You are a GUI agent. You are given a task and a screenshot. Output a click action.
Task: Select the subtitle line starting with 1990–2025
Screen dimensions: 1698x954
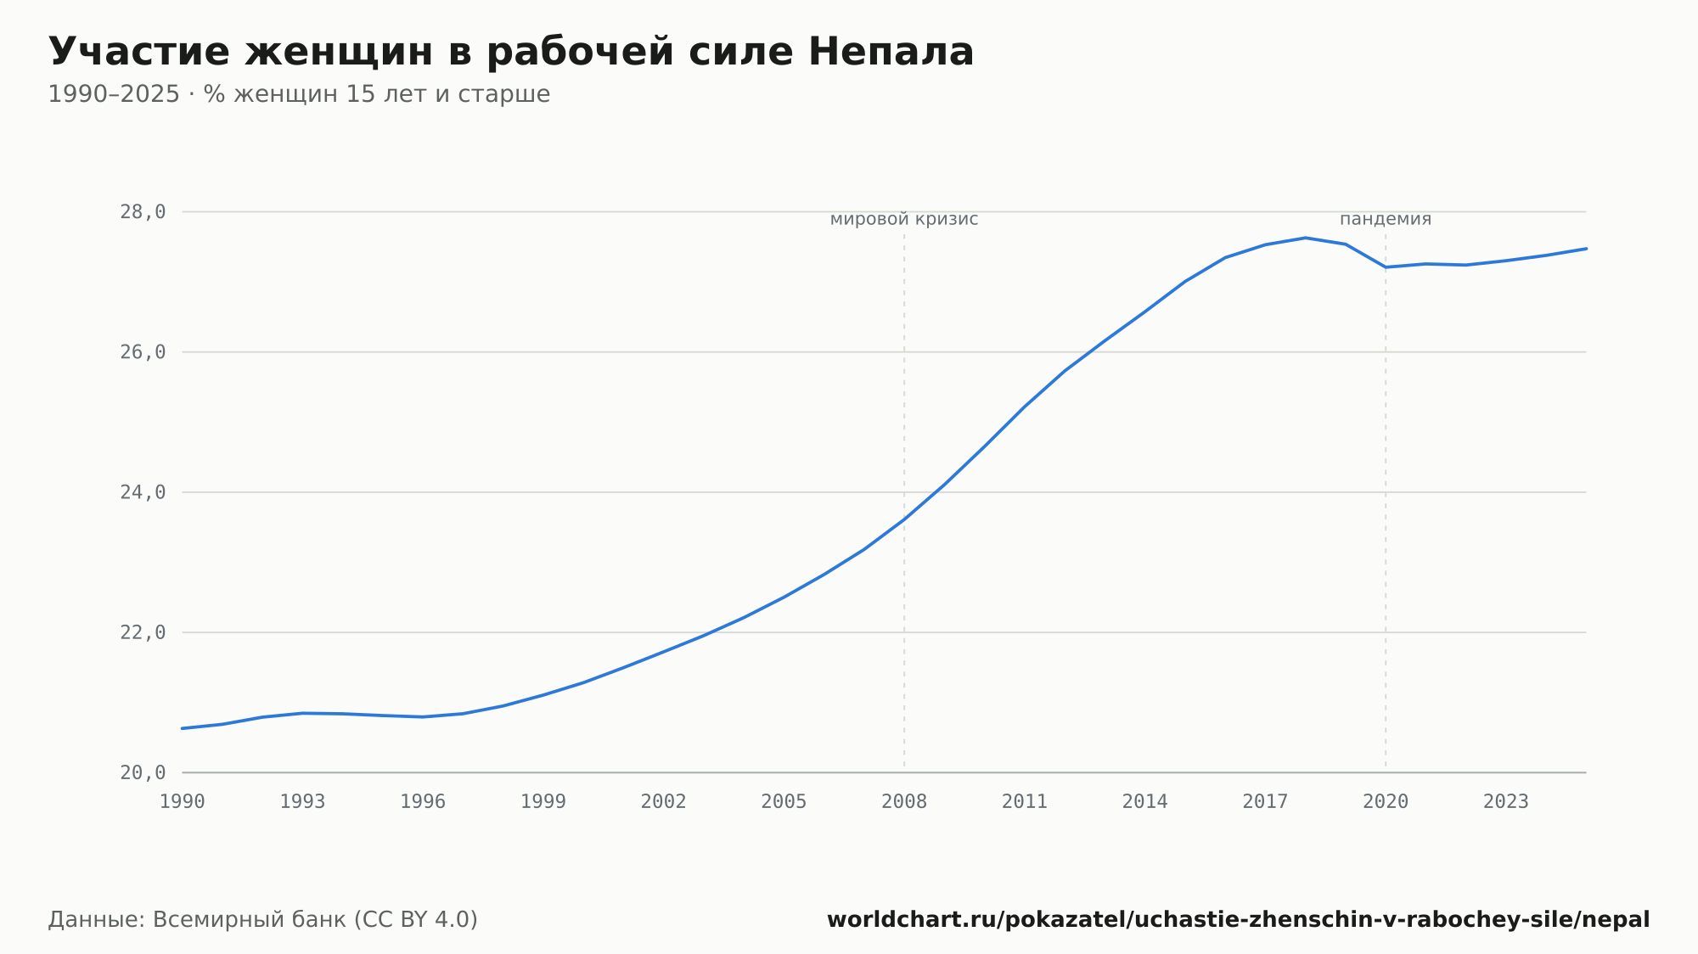click(x=299, y=94)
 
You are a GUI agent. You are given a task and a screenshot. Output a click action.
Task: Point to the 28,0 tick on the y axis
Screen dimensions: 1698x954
click(x=143, y=212)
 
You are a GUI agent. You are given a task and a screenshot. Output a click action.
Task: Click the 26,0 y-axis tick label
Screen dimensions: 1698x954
click(x=143, y=352)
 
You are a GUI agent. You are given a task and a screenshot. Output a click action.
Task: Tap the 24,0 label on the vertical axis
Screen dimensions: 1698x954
click(x=143, y=492)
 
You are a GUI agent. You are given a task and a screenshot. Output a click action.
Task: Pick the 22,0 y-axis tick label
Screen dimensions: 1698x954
click(x=143, y=632)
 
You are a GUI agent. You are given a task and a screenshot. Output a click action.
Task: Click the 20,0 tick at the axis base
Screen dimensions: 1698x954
click(x=143, y=772)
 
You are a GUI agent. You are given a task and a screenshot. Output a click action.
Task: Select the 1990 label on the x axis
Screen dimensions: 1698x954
click(x=183, y=802)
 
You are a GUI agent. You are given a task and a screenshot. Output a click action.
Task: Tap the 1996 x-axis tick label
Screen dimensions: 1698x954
click(x=423, y=802)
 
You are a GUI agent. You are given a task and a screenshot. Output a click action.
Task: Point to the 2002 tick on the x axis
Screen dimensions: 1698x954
click(x=664, y=802)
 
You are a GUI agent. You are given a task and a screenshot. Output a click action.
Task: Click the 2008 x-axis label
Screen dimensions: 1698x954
click(x=904, y=802)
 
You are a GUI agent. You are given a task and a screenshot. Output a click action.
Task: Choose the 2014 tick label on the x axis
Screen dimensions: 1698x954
click(x=1145, y=802)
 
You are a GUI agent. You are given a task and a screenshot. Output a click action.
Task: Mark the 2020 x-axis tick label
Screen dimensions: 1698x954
click(x=1386, y=802)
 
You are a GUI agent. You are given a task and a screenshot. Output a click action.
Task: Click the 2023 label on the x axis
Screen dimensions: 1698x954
click(x=1506, y=802)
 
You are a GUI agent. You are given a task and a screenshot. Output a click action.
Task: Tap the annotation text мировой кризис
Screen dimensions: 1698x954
click(x=904, y=220)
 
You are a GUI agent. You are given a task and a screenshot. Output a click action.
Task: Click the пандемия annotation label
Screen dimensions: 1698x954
click(x=1386, y=220)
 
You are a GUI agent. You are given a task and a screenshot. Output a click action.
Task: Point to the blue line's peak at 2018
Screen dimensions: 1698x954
click(x=1305, y=238)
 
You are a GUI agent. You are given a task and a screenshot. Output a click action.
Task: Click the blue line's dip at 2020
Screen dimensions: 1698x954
click(x=1386, y=267)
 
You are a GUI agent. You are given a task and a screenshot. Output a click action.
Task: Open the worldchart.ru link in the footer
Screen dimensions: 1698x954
click(x=1239, y=920)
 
